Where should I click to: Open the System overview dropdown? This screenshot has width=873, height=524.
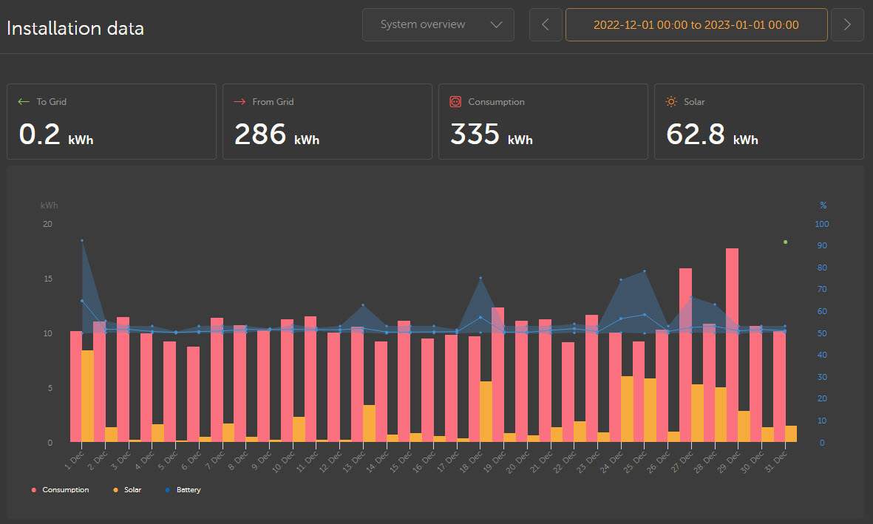click(438, 24)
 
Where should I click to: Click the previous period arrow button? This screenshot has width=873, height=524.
click(546, 24)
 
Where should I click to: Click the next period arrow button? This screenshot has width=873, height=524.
click(847, 24)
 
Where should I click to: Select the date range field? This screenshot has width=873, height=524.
click(696, 24)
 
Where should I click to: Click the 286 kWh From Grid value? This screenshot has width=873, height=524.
click(276, 135)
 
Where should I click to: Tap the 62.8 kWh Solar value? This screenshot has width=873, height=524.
click(711, 135)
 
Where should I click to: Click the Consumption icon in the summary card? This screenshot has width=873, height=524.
click(455, 102)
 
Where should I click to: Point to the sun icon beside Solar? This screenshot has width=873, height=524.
click(671, 102)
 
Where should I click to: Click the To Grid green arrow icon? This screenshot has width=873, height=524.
click(24, 102)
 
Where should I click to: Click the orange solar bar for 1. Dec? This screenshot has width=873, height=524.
click(87, 396)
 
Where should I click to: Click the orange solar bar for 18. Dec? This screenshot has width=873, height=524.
click(486, 412)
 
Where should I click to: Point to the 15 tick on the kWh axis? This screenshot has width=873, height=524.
click(48, 279)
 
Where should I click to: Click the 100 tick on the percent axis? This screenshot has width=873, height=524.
click(821, 224)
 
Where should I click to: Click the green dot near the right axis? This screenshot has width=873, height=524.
click(785, 242)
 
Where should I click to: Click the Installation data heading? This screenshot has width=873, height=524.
click(75, 29)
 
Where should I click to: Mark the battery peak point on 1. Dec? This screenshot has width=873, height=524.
click(82, 240)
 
